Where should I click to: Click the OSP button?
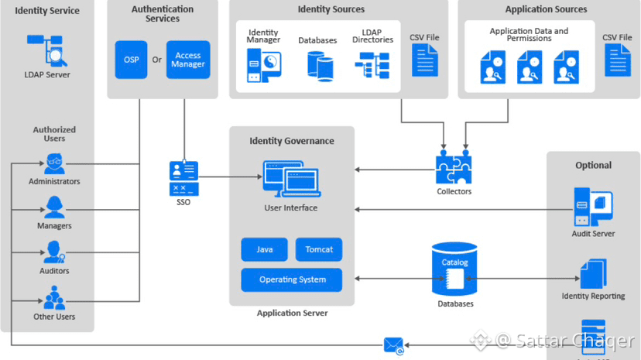[x=132, y=60]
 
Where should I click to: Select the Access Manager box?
[x=188, y=60]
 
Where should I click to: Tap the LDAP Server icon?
[x=46, y=50]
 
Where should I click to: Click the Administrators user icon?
[x=54, y=163]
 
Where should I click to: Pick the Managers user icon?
[x=54, y=207]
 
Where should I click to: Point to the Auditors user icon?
[x=54, y=252]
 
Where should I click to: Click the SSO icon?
[x=183, y=177]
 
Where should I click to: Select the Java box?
[x=265, y=249]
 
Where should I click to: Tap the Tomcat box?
[x=319, y=249]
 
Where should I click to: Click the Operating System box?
[x=292, y=279]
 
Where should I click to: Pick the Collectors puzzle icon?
[x=454, y=166]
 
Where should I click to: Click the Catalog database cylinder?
[x=454, y=269]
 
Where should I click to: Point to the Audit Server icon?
[x=593, y=207]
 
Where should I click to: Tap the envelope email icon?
[x=394, y=345]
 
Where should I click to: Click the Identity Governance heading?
[x=292, y=141]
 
